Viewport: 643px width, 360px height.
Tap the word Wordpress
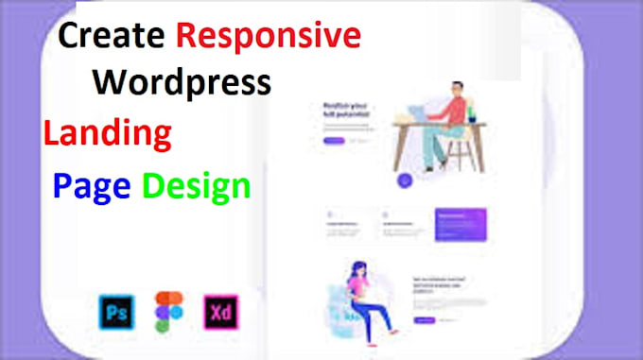(x=182, y=82)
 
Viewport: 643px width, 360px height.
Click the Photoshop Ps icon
(x=113, y=313)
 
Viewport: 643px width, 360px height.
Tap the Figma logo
(x=170, y=313)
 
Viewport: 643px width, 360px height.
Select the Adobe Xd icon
(x=222, y=313)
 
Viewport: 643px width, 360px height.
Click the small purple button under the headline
(x=334, y=141)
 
